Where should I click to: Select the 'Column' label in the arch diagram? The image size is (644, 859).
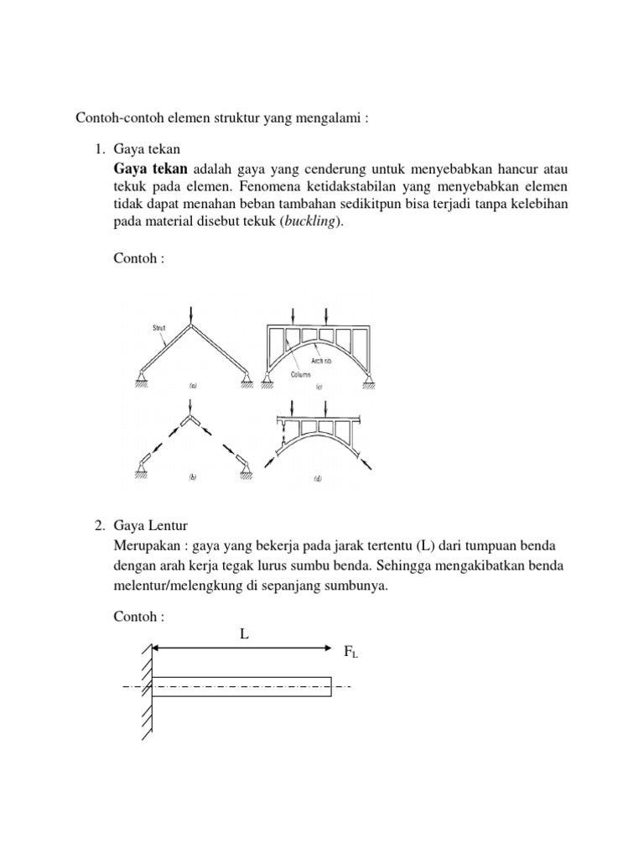301,375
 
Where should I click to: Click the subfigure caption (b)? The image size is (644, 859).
193,477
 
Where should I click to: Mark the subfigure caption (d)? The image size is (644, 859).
319,479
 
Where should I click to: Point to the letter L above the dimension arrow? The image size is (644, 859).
244,634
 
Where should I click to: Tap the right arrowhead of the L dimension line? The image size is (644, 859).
327,648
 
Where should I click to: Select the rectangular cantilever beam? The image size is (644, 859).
241,686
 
